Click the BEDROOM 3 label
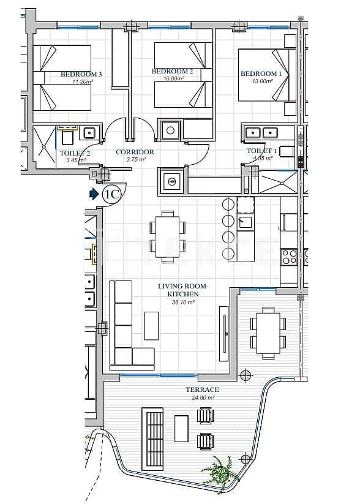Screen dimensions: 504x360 81,74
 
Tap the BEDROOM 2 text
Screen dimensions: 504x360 173,72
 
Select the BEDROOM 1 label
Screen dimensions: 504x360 261,74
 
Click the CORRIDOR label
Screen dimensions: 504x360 135,152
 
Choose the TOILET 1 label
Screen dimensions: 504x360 262,151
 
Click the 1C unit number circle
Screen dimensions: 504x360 112,195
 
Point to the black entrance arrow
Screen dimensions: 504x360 94,194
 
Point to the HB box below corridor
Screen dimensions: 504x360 171,182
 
